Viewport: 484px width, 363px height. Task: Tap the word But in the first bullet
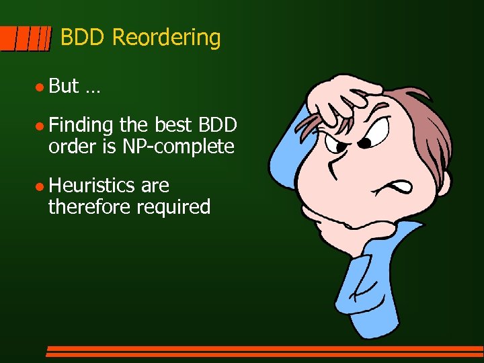64,86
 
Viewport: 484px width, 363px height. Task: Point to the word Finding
81,126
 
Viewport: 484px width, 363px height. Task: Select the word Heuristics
92,185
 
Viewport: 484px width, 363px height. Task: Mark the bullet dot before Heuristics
40,186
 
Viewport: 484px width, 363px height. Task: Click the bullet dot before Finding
40,126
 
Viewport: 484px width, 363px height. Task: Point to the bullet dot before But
40,87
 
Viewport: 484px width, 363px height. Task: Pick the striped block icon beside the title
25,38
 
